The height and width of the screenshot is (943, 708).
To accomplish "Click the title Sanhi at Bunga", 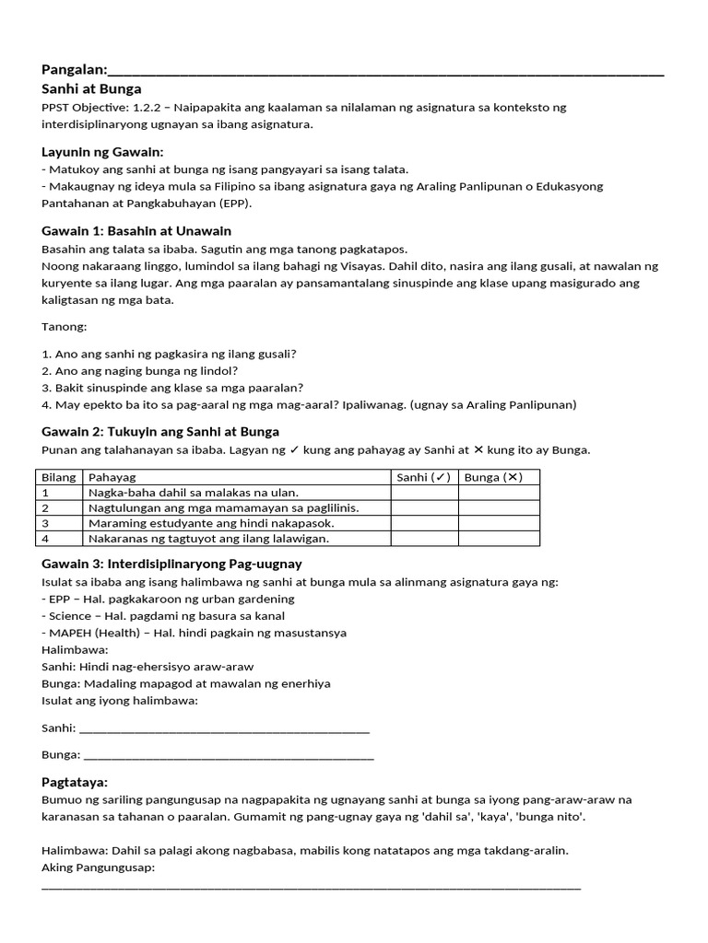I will (92, 89).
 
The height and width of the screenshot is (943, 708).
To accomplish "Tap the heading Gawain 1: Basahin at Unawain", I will (136, 230).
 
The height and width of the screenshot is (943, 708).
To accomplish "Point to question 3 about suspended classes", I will (173, 388).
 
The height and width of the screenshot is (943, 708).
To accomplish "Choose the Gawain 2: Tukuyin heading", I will (160, 431).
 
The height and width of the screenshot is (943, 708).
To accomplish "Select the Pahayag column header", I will (112, 477).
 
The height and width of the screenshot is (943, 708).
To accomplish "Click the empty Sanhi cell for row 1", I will (424, 493).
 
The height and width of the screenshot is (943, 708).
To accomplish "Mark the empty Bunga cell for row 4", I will (499, 539).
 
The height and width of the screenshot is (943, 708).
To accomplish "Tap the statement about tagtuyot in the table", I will (208, 539).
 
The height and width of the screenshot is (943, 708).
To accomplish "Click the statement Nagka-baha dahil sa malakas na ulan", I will (194, 493).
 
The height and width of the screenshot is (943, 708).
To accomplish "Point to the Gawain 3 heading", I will (171, 563).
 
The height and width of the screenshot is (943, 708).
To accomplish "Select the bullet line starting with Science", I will (163, 615).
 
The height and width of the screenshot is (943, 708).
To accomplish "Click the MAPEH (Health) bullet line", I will (195, 633).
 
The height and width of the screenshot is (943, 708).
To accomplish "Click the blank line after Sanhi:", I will (225, 728).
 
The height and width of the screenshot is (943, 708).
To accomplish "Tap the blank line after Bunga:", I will (229, 755).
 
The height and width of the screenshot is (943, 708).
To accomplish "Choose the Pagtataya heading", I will (75, 782).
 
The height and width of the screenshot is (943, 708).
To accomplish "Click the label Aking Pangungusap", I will (99, 867).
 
